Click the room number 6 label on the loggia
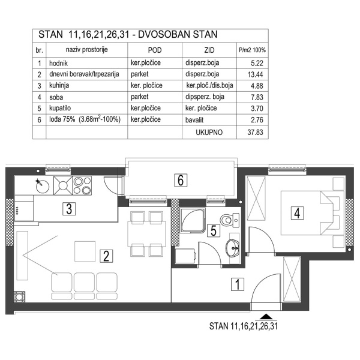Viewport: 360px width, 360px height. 179,179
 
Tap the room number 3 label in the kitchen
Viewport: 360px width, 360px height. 70,209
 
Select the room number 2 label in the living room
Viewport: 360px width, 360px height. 106,257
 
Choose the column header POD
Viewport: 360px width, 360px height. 154,51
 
